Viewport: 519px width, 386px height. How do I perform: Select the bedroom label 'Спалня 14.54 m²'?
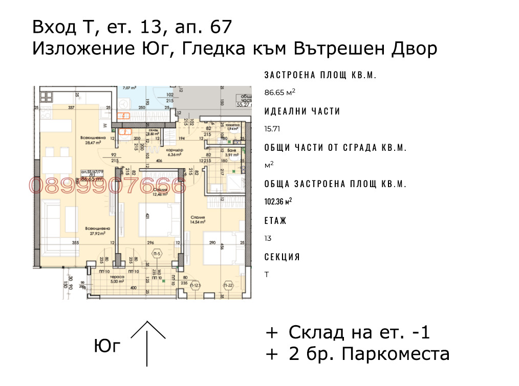click(x=197, y=219)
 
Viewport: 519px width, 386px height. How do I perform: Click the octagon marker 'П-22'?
click(x=228, y=285)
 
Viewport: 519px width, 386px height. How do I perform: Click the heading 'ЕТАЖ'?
click(x=275, y=221)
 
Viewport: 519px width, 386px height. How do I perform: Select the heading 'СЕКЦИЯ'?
click(x=282, y=257)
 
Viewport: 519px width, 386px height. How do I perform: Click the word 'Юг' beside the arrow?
click(x=107, y=346)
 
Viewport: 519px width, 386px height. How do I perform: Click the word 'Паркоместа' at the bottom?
click(x=395, y=353)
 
